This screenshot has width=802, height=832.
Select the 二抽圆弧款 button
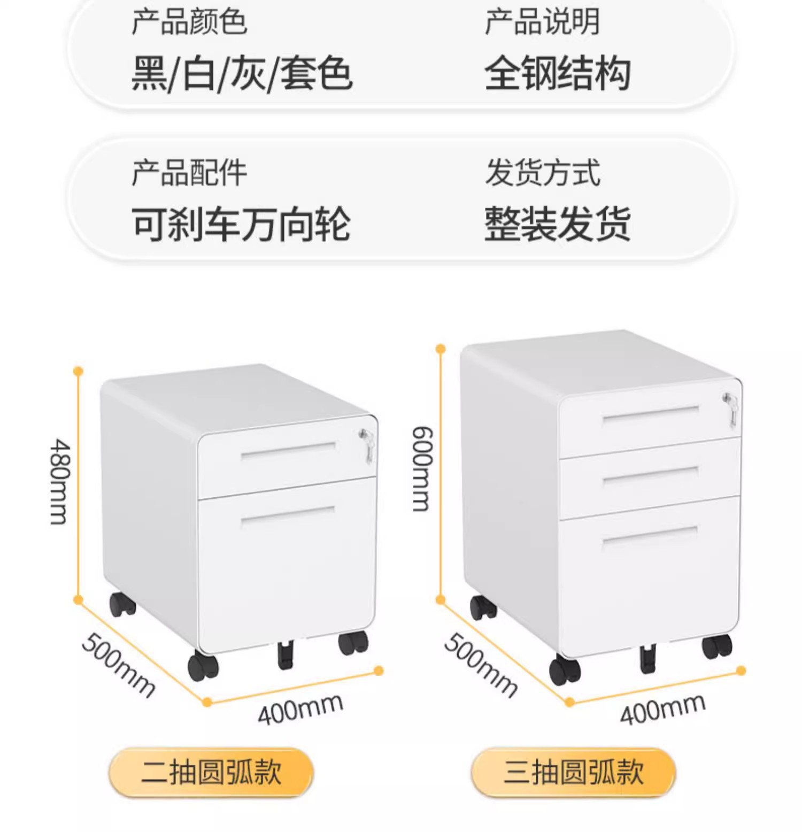(211, 772)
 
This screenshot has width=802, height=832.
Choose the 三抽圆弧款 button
(573, 772)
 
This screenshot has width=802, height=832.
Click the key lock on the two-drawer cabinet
(366, 443)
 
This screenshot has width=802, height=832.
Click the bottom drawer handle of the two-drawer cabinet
(288, 514)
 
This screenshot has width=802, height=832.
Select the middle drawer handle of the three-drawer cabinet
(651, 475)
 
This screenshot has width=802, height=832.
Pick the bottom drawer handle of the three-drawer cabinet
(650, 535)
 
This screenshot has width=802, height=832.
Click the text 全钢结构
(557, 73)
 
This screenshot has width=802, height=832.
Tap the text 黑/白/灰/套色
(242, 73)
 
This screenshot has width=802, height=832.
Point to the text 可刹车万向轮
(241, 224)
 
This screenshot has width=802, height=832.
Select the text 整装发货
(557, 224)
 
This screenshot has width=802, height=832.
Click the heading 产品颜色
(189, 22)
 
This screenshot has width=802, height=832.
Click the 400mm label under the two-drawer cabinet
(300, 708)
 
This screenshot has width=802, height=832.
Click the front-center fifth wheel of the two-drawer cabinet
(286, 656)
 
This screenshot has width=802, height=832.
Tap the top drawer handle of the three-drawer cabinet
(651, 414)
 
